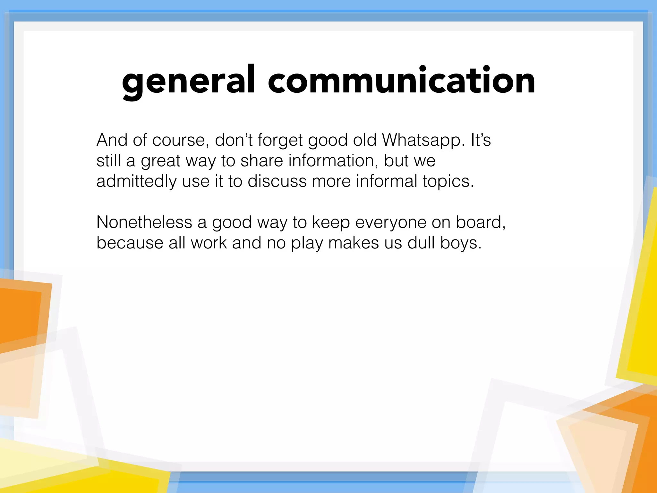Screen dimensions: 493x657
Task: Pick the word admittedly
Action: click(x=137, y=181)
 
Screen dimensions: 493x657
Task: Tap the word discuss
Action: click(x=277, y=181)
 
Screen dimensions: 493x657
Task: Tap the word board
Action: click(x=480, y=222)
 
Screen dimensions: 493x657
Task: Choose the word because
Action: click(x=130, y=243)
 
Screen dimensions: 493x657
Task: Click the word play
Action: click(x=307, y=243)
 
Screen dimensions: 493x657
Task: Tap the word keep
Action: click(x=331, y=223)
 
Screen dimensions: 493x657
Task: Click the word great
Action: click(x=160, y=161)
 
